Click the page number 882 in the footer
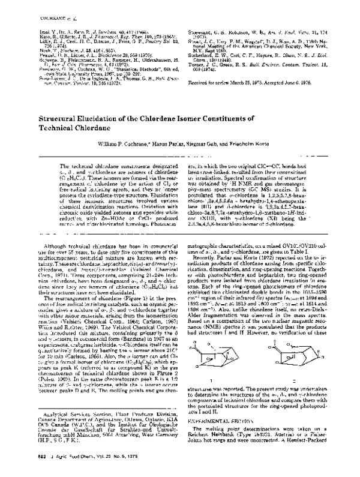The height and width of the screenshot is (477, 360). click(24, 466)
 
